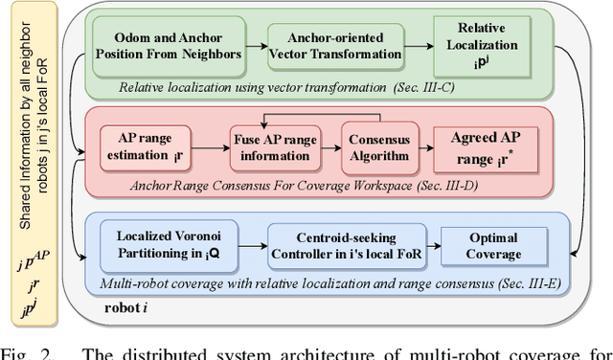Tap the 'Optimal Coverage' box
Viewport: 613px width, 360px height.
click(494, 244)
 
